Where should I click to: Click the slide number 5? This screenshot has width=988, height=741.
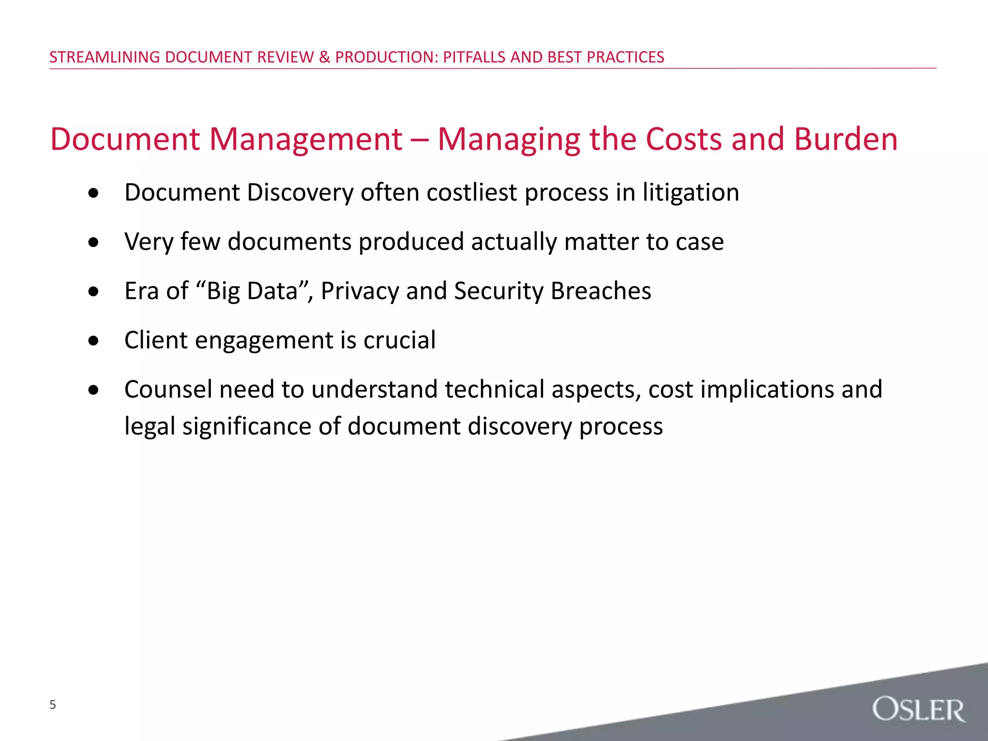pos(53,705)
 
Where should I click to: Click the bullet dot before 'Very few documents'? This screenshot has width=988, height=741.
pos(94,243)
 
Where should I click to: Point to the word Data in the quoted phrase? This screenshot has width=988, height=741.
pos(276,291)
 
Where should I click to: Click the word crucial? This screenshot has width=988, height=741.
pos(399,340)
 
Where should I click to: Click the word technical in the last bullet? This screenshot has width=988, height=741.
pos(494,389)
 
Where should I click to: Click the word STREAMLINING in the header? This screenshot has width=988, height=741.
pos(105,57)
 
